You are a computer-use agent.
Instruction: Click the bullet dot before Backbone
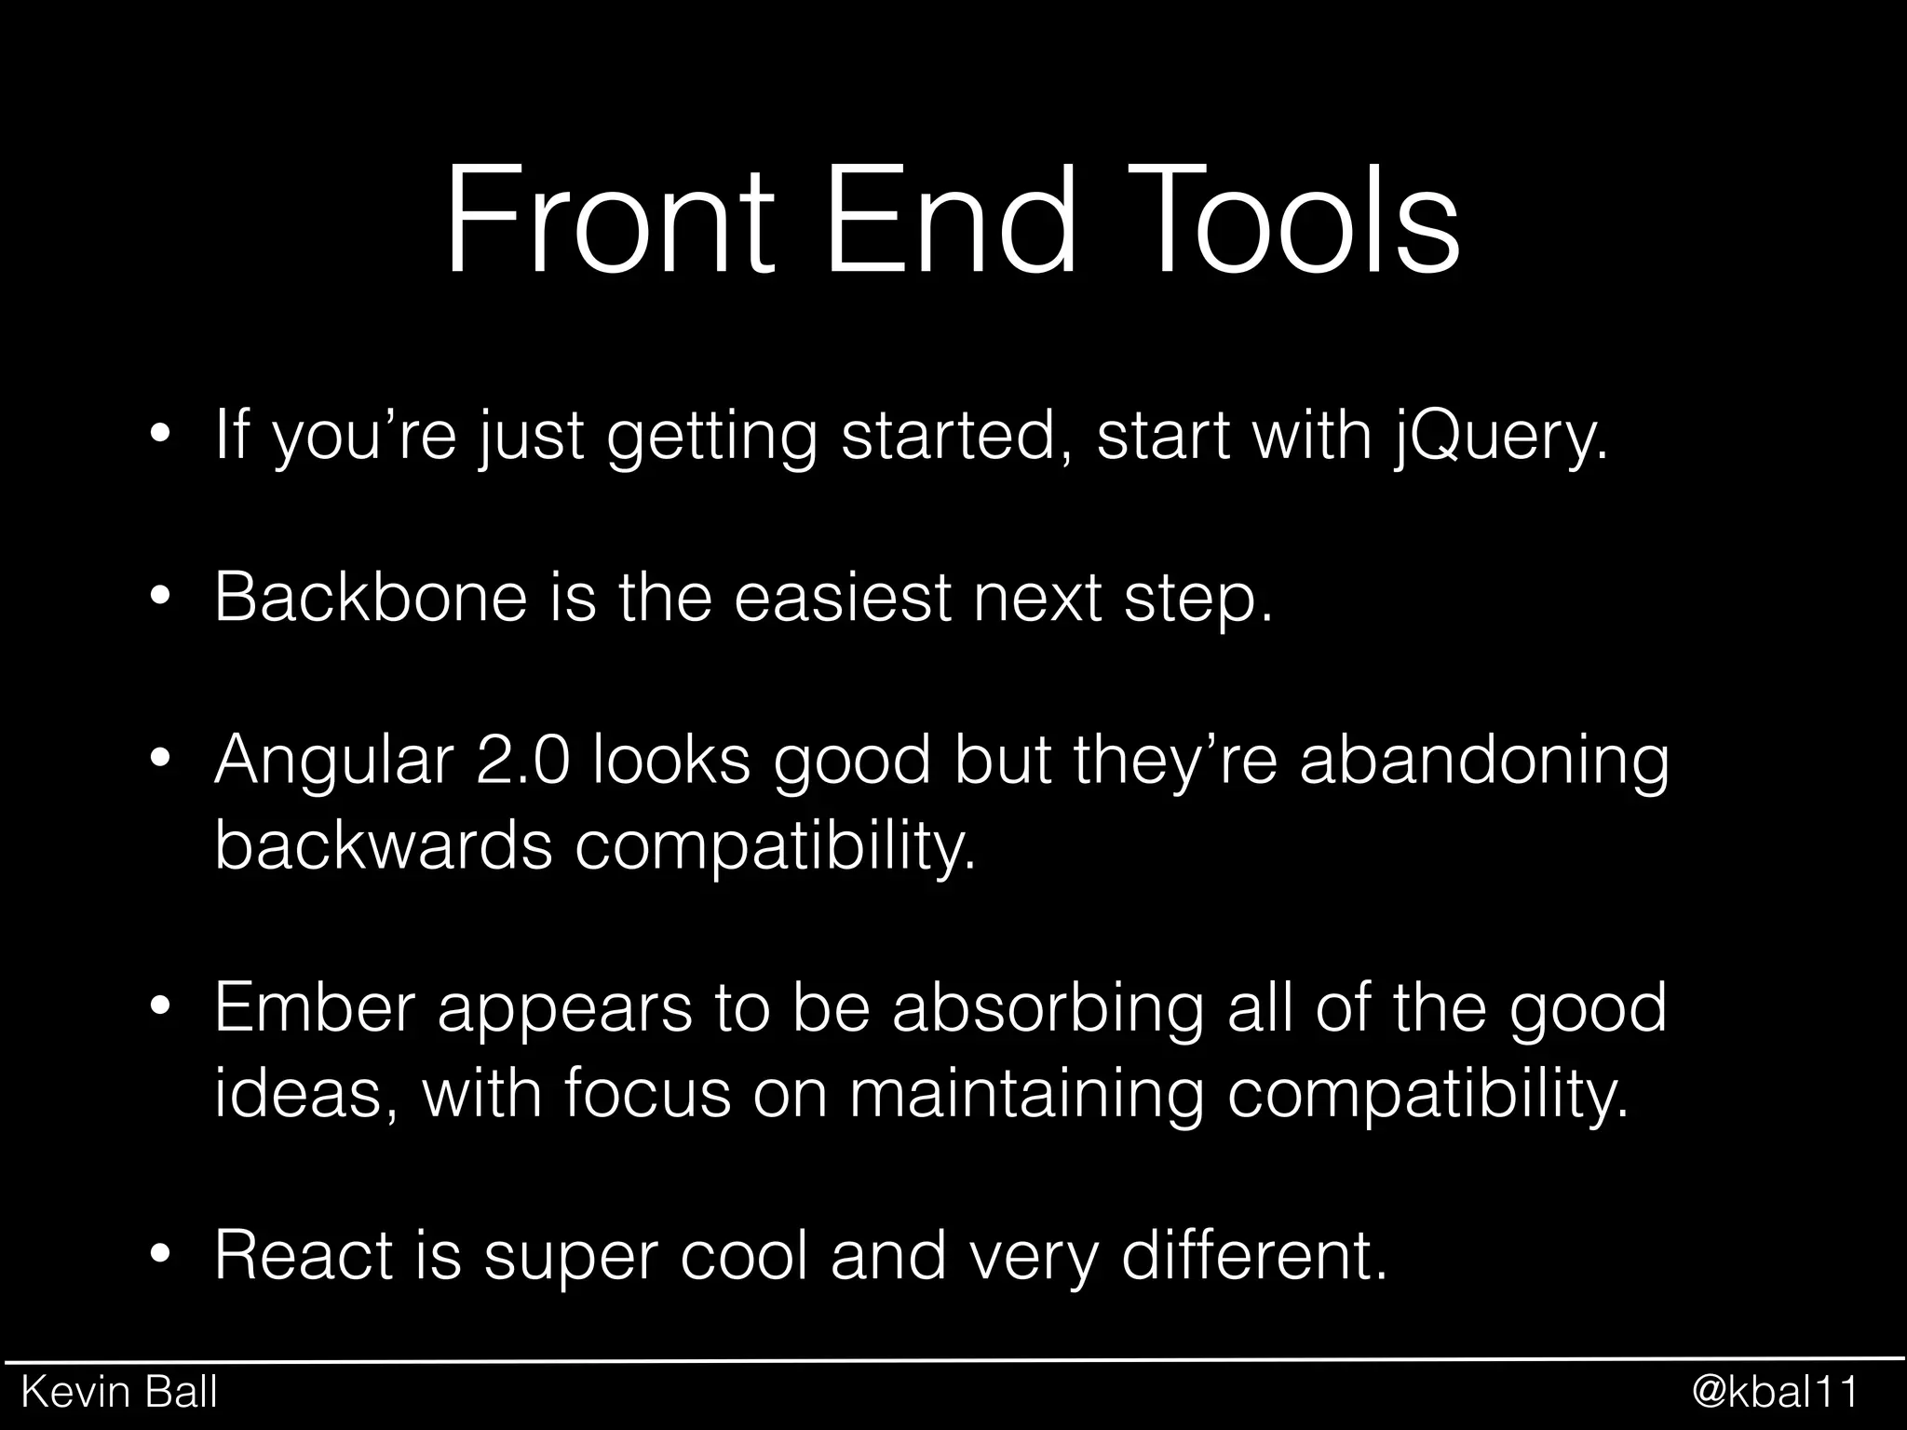pos(160,599)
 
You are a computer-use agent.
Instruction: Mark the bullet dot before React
pos(160,1257)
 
